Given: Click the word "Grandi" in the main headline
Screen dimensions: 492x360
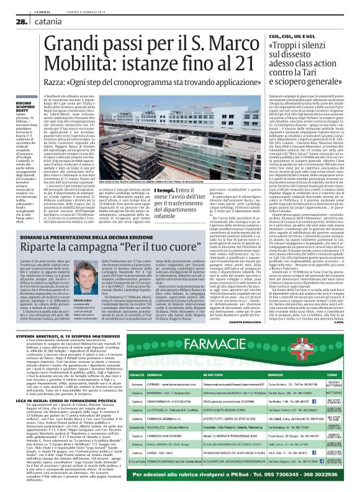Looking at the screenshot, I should pos(72,44).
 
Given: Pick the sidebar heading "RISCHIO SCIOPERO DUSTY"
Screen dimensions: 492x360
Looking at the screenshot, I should pos(22,106).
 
